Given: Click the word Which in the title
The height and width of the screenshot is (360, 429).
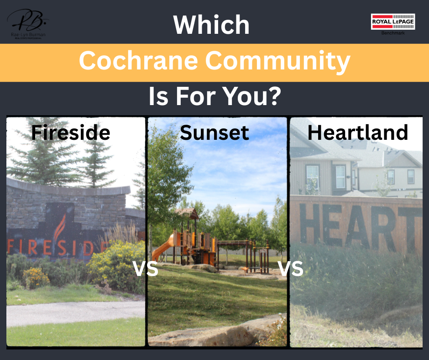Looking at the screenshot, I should (x=211, y=25).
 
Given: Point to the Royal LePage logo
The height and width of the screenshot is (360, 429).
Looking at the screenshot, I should (x=393, y=21).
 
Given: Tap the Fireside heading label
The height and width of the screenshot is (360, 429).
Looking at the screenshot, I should (x=70, y=132).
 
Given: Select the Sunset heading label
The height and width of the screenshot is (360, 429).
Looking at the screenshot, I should (x=214, y=132).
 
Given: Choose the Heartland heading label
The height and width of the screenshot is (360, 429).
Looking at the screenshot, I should (x=357, y=132).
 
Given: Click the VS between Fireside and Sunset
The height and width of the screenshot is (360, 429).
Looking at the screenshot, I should (x=145, y=269).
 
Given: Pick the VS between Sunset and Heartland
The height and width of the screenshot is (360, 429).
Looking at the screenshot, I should (x=291, y=269).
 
